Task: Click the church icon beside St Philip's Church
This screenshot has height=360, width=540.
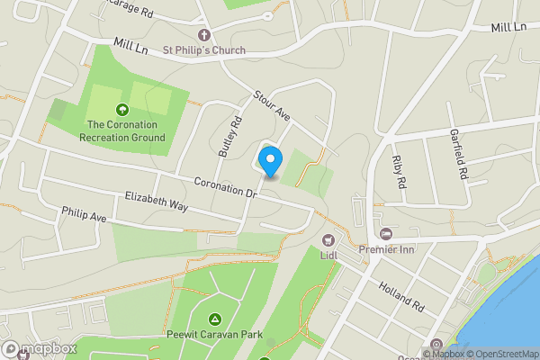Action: tap(203, 35)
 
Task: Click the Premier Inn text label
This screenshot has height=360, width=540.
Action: tap(386, 248)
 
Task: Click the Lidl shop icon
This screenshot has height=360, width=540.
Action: tap(328, 239)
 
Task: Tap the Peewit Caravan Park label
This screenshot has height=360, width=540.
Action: tap(214, 336)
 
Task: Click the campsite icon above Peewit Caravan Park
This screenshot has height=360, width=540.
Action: tap(214, 319)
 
